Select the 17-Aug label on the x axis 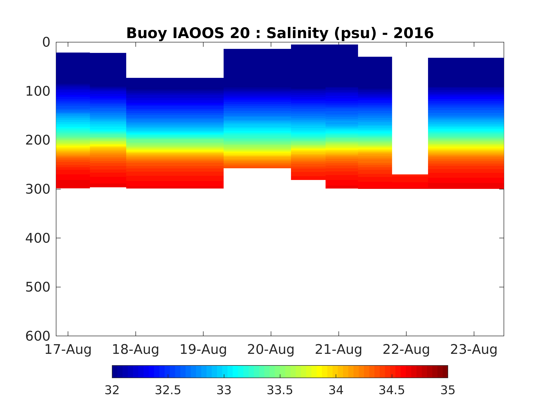[x=68, y=350]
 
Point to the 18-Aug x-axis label [x=135, y=350]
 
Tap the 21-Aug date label [x=338, y=350]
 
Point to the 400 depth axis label [x=38, y=238]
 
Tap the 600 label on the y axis [x=38, y=336]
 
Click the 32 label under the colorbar [x=112, y=390]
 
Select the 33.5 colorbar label [x=280, y=390]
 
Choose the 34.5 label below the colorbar [x=392, y=390]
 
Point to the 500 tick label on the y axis [x=38, y=287]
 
